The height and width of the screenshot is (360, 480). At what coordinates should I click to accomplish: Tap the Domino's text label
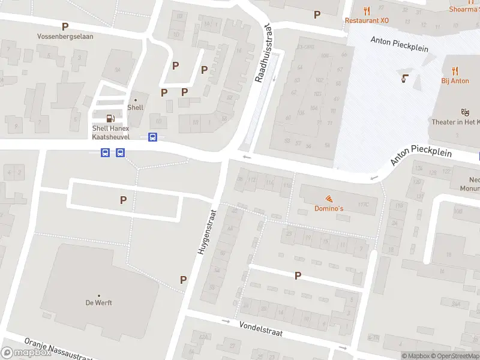coord(329,208)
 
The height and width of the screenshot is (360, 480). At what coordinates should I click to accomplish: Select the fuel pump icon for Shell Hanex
coord(110,118)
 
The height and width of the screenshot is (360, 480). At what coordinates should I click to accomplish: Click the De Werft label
coord(98,302)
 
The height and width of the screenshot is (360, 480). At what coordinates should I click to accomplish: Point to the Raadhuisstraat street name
coord(263,53)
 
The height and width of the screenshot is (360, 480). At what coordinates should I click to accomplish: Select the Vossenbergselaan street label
coord(65,36)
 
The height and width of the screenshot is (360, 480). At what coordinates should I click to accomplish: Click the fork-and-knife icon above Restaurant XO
coord(367,10)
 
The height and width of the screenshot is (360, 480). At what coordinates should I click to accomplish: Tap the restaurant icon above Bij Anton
coord(455,71)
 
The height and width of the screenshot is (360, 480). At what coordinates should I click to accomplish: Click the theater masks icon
coord(464,112)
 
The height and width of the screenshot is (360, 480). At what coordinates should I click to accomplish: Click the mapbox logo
coord(26,353)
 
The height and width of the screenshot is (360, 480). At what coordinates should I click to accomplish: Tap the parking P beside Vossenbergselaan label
coord(65,26)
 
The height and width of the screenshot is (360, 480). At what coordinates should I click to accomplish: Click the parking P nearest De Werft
coord(183,280)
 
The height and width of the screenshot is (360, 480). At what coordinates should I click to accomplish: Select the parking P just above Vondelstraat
coord(298,275)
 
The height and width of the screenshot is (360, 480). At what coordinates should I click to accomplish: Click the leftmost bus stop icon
coord(105,152)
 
